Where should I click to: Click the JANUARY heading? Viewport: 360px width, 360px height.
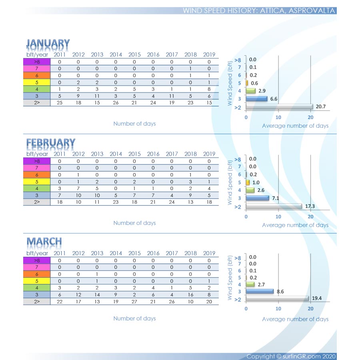[x=48, y=44]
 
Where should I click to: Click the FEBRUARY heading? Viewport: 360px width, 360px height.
[x=51, y=143]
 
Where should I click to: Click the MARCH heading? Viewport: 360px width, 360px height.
[x=44, y=242]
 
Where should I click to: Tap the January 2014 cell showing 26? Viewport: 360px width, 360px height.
[x=116, y=103]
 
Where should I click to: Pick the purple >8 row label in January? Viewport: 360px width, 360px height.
[x=37, y=62]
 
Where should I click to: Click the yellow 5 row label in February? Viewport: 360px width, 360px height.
[x=37, y=182]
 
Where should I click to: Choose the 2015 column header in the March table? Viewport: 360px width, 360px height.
[x=134, y=253]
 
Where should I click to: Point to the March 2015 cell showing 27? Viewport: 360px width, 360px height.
[x=134, y=302]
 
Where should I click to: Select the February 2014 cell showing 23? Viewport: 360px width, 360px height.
[x=116, y=202]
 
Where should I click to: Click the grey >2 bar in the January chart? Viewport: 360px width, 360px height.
[x=279, y=107]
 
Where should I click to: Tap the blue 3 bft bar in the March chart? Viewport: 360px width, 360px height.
[x=260, y=292]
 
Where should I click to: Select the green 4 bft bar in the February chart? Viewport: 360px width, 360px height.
[x=250, y=190]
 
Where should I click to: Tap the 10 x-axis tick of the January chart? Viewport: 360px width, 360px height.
[x=278, y=117]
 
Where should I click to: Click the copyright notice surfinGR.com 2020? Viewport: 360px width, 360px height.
[x=291, y=356]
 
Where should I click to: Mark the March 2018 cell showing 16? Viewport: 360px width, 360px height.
[x=190, y=295]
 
